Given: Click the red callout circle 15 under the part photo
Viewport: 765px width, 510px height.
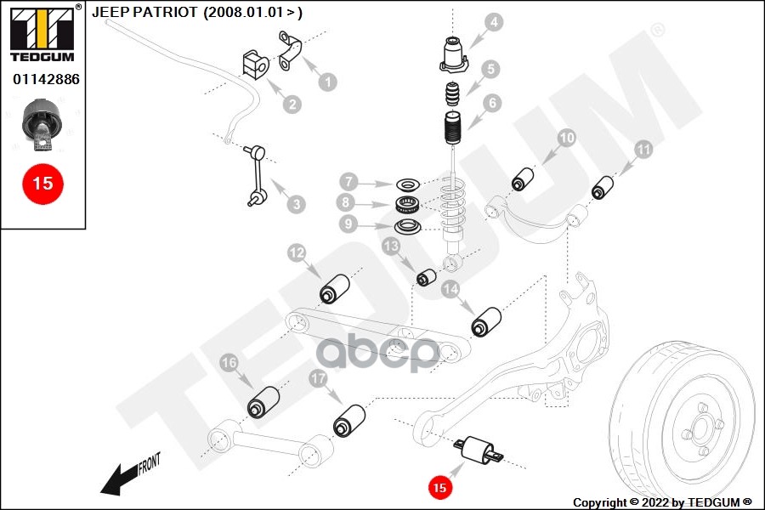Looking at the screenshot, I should tap(42, 183).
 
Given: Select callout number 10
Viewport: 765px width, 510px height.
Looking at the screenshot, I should tap(567, 139).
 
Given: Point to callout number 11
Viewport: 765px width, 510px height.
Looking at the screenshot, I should tap(643, 150).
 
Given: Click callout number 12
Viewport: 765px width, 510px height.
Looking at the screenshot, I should tap(296, 252).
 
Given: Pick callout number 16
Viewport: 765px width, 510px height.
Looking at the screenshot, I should tap(229, 364).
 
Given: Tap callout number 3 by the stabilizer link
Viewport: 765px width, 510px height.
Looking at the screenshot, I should tap(295, 204).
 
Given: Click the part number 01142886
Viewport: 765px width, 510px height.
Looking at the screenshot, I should tap(45, 78).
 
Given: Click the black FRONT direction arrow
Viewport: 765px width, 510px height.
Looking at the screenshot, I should tap(115, 482).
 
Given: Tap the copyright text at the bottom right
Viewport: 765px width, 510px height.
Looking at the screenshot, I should tap(662, 501).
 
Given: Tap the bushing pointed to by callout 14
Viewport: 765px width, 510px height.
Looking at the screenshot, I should tap(486, 321).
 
